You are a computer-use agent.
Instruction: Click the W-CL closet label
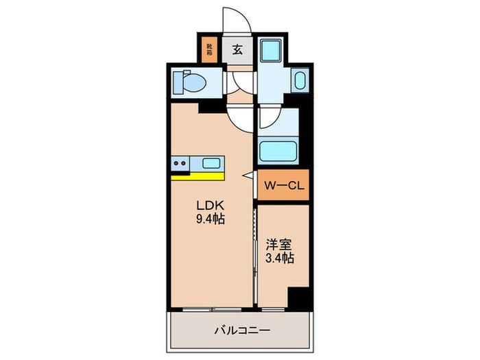(x=283, y=186)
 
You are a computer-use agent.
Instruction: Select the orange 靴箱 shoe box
(x=208, y=49)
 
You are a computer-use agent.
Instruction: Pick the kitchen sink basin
(x=212, y=163)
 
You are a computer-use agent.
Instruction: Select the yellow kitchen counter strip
(x=196, y=176)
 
